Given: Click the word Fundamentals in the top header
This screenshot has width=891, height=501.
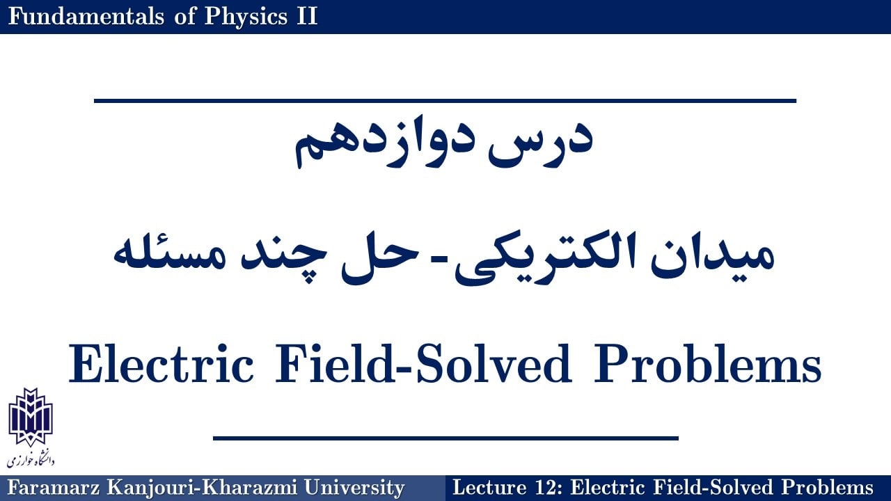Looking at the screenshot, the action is point(86,17).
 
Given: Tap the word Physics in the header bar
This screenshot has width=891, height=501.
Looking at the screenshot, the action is point(246,17).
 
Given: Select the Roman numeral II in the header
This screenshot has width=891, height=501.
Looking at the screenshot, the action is point(307,17).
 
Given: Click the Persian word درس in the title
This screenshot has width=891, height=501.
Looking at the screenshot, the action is point(541,141).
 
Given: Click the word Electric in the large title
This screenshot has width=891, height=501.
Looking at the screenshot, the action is point(161,364).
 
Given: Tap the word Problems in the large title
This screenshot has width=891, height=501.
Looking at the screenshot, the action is point(708,364).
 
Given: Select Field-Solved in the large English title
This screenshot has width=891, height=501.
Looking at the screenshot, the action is point(423,364).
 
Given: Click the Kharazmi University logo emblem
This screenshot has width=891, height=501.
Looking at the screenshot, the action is point(31,417).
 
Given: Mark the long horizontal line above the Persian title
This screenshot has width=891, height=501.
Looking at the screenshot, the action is point(445,101).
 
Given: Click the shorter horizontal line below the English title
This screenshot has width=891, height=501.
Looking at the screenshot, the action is point(445,438).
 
